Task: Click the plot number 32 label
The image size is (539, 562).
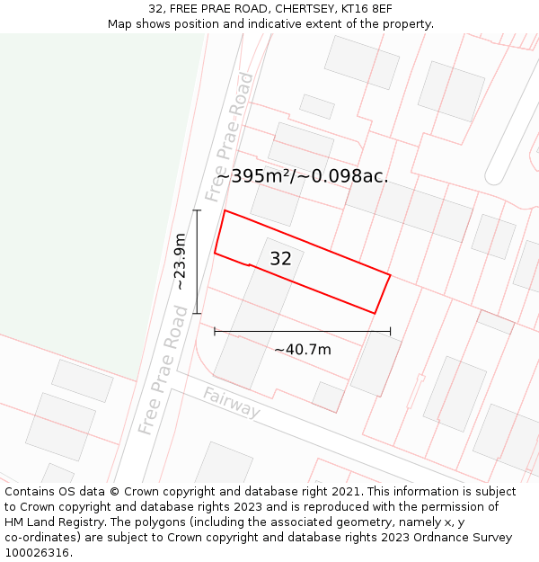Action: pyautogui.click(x=281, y=259)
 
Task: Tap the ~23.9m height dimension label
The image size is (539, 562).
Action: pyautogui.click(x=180, y=262)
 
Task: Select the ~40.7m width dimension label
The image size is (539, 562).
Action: pyautogui.click(x=303, y=349)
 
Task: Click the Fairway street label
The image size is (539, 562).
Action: pyautogui.click(x=231, y=403)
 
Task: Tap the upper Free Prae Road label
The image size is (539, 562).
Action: pyautogui.click(x=229, y=138)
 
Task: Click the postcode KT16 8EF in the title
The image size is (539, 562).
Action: pyautogui.click(x=371, y=9)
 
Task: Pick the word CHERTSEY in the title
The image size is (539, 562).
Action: pyautogui.click(x=305, y=9)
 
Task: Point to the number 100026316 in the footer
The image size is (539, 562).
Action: pyautogui.click(x=38, y=553)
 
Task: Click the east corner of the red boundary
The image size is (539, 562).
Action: pyautogui.click(x=391, y=275)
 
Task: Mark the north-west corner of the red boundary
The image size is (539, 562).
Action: pyautogui.click(x=225, y=210)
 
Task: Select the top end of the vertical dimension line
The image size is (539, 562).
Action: pyautogui.click(x=197, y=210)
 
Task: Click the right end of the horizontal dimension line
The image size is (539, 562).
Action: pyautogui.click(x=391, y=331)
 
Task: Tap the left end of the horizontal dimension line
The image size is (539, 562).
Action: pyautogui.click(x=215, y=331)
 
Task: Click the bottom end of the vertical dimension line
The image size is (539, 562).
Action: pyautogui.click(x=197, y=314)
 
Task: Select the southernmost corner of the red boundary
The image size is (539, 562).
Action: pyautogui.click(x=374, y=314)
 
